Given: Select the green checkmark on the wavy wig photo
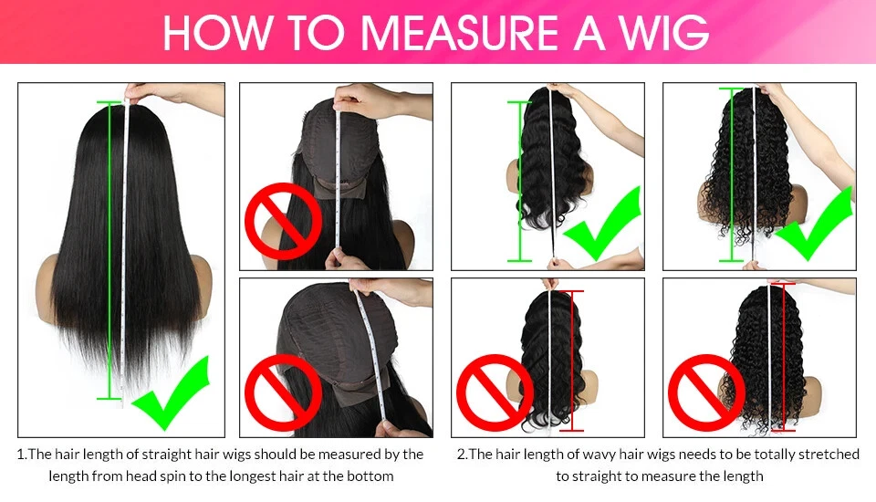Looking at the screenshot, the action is [x=603, y=224].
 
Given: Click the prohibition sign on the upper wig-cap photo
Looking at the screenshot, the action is [x=283, y=221].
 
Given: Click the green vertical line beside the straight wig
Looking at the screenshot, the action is [x=109, y=250].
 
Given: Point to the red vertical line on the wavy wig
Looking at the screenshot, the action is [x=571, y=361].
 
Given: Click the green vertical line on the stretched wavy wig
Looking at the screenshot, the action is [x=520, y=182].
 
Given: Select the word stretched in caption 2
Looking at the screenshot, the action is [x=829, y=454].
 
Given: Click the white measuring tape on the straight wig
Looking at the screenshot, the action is [x=125, y=252].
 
